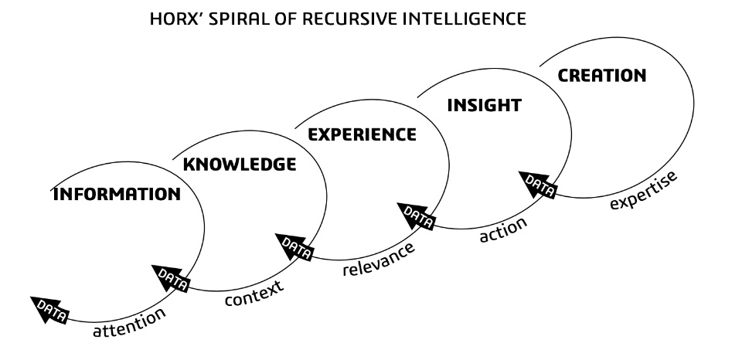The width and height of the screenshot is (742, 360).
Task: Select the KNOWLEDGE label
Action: tap(239, 164)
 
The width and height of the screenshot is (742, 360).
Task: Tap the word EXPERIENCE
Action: tap(362, 134)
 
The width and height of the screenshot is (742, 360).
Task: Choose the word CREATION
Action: tap(601, 76)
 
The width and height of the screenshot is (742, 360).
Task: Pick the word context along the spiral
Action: tap(254, 291)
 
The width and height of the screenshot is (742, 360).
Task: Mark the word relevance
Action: tap(379, 260)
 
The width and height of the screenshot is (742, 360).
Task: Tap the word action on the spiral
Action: tap(503, 228)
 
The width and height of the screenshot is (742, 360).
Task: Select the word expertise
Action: tap(643, 190)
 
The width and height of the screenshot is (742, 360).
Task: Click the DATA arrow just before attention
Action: tap(50, 310)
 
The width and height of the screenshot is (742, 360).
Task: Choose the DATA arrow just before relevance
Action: tap(294, 246)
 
